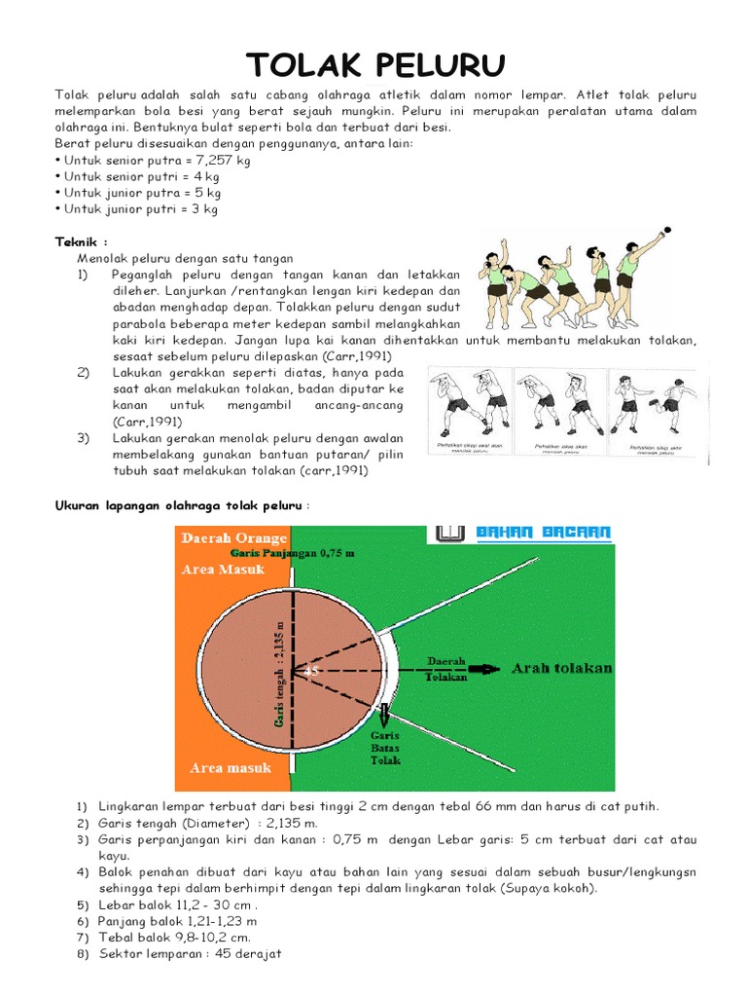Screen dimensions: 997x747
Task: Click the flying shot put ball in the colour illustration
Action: [x=666, y=232]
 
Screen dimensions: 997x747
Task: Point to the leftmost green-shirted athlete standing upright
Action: [x=496, y=284]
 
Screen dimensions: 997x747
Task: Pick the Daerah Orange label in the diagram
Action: [x=234, y=537]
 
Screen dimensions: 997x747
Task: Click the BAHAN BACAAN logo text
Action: [x=544, y=534]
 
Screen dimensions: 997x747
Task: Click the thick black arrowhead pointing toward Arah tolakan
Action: [x=482, y=669]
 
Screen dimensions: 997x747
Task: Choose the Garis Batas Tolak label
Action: [x=385, y=747]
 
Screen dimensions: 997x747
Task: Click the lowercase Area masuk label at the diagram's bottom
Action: [x=231, y=768]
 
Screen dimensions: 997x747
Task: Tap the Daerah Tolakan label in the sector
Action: [x=447, y=669]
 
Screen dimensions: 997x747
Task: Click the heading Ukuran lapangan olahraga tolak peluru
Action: [x=178, y=505]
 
